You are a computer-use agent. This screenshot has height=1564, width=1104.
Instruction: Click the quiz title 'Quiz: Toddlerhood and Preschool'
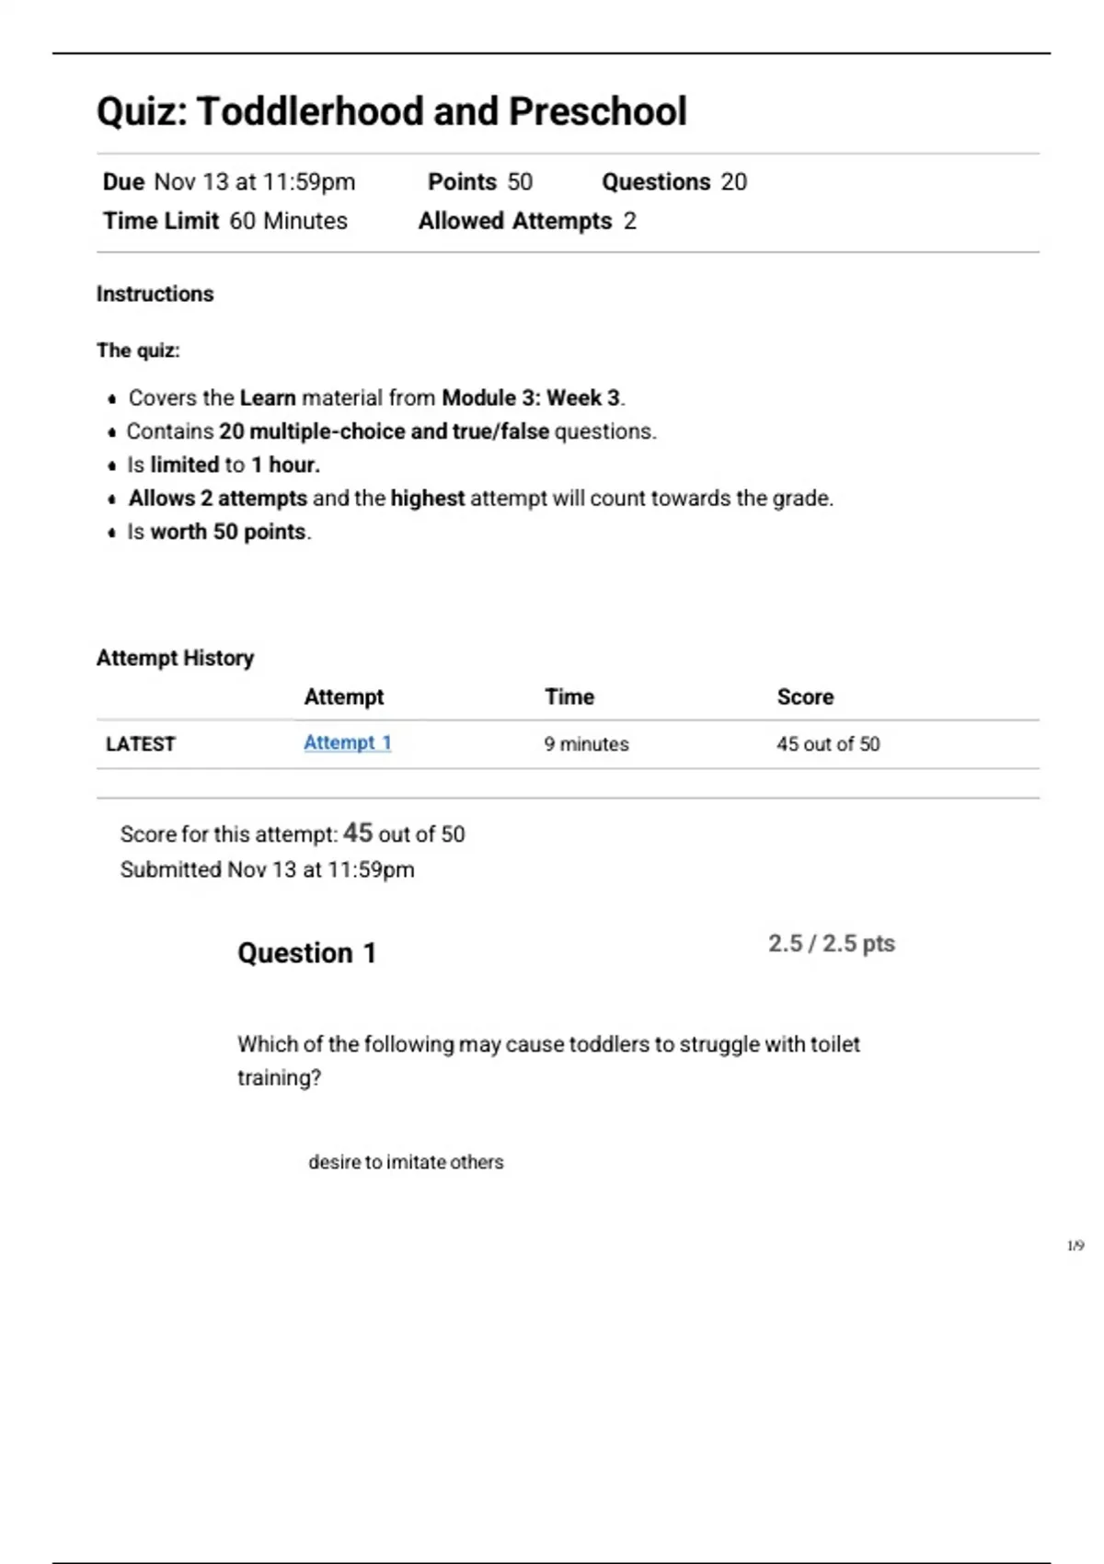391,111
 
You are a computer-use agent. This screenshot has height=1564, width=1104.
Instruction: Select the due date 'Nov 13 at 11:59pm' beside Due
254,182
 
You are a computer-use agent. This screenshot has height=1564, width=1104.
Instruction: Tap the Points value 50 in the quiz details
520,182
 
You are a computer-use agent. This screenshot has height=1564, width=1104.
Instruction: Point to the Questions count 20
733,182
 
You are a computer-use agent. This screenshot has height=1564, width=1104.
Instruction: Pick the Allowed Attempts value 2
629,222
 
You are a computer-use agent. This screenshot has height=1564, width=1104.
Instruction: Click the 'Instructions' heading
155,294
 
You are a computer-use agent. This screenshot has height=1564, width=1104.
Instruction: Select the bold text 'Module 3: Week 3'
530,398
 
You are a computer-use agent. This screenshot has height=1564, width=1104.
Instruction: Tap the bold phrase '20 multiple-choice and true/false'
384,431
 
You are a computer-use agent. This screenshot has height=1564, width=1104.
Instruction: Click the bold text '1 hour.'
285,466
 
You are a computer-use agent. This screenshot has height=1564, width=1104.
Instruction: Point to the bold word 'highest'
427,499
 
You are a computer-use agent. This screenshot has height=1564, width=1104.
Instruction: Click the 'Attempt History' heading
175,659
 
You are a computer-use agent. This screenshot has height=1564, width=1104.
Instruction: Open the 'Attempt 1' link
347,743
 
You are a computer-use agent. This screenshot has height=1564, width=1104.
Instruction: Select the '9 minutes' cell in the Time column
586,744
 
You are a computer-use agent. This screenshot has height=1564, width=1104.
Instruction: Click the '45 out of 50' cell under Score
827,744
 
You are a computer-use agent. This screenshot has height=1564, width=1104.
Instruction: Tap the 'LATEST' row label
140,744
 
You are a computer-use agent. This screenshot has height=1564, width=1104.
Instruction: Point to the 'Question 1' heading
306,953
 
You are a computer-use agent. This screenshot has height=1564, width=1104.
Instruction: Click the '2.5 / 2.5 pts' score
831,944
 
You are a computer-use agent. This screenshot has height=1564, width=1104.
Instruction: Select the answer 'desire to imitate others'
406,1163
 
